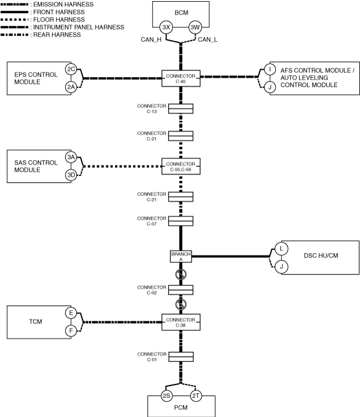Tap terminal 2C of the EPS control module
[x=71, y=70]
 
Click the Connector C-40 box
[x=181, y=78]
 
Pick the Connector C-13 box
[x=181, y=108]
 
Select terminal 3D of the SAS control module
[x=71, y=175]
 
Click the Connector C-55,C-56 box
[x=181, y=166]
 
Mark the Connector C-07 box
[x=181, y=221]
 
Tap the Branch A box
[x=181, y=256]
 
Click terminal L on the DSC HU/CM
[x=280, y=248]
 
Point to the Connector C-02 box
[x=181, y=289]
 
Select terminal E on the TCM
[x=71, y=313]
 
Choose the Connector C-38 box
[x=181, y=322]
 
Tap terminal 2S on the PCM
[x=166, y=396]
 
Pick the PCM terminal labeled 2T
[x=196, y=396]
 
